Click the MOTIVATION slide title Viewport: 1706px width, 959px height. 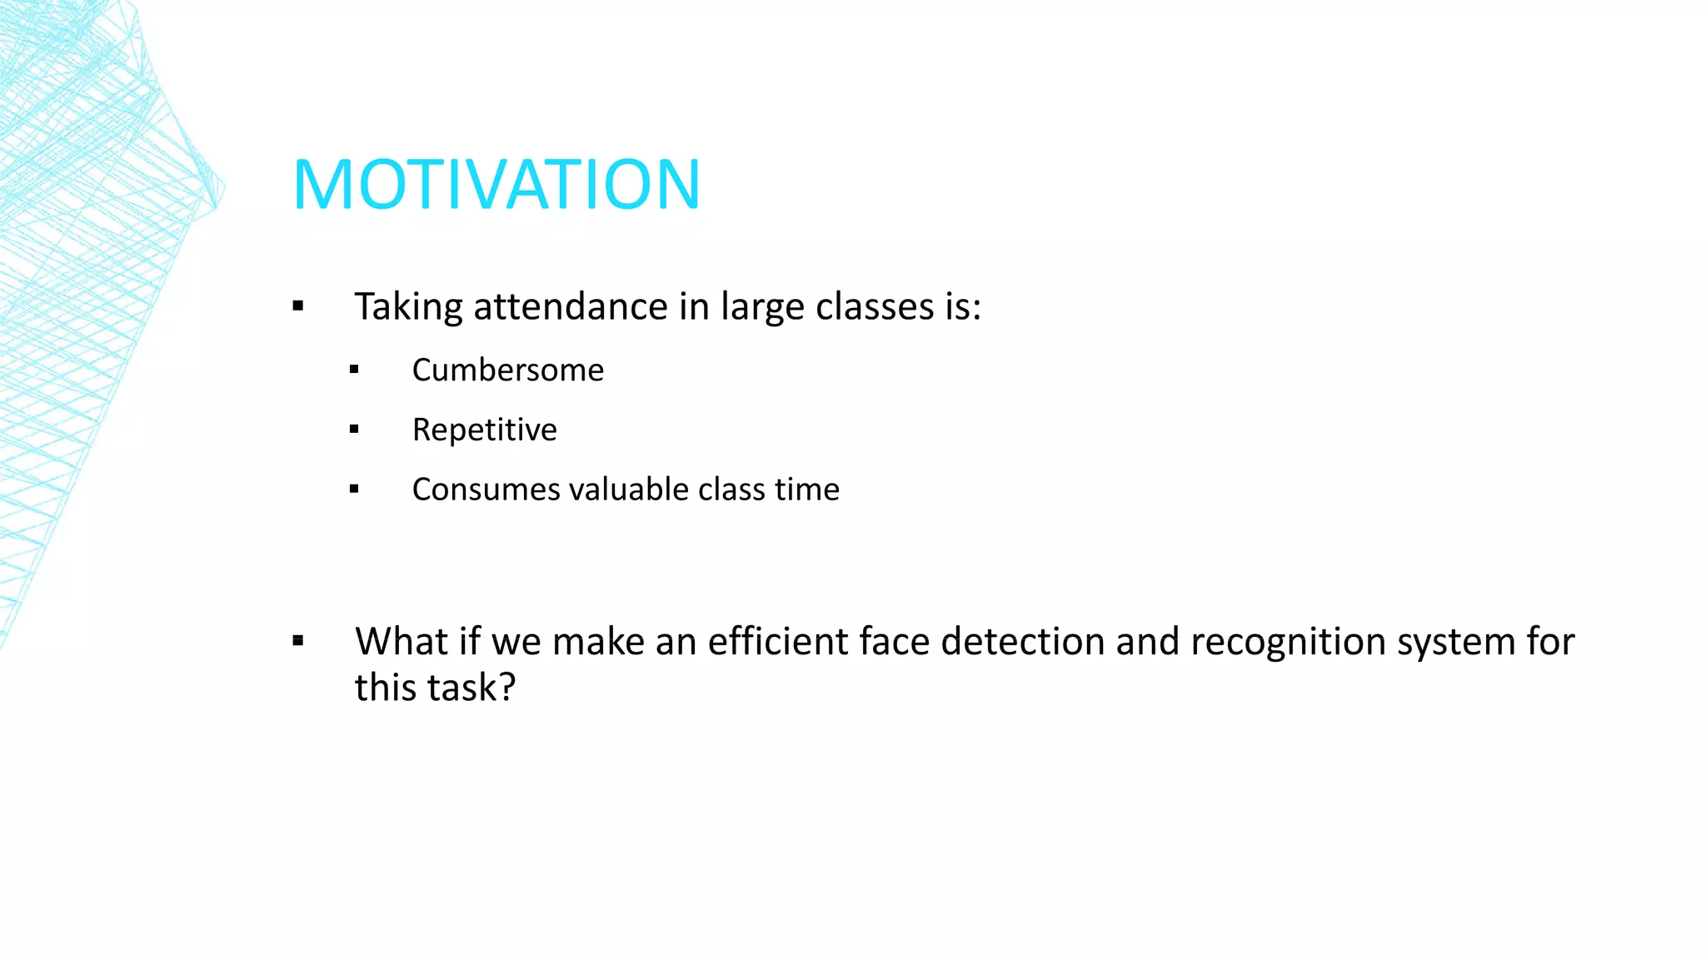click(496, 185)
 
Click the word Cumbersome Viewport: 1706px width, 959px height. click(507, 370)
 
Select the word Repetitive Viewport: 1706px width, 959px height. click(484, 430)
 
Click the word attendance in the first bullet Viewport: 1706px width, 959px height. click(571, 307)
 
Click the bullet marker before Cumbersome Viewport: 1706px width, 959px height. click(354, 370)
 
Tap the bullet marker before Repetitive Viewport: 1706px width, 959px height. click(354, 430)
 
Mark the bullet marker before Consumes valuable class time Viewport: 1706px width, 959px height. click(354, 489)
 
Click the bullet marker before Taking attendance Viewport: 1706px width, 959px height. click(298, 306)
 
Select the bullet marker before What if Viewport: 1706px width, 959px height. click(298, 641)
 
